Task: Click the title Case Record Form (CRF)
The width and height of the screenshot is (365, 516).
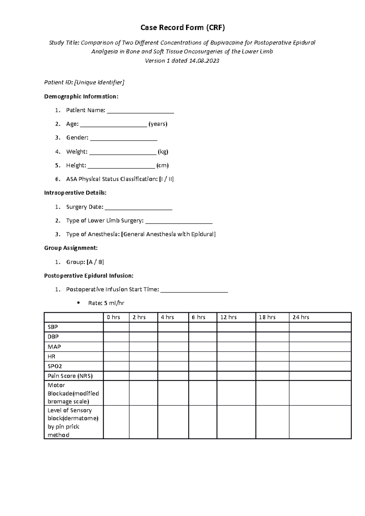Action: pyautogui.click(x=182, y=28)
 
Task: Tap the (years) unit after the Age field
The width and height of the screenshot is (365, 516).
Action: pyautogui.click(x=158, y=124)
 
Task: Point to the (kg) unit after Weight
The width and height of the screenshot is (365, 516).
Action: pyautogui.click(x=163, y=152)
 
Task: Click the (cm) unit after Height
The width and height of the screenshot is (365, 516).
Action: pyautogui.click(x=162, y=165)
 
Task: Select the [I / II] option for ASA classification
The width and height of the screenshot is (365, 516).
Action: pyautogui.click(x=166, y=179)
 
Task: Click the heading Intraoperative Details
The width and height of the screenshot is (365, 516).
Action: pyautogui.click(x=75, y=193)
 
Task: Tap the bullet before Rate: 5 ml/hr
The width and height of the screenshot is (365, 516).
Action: pyautogui.click(x=78, y=303)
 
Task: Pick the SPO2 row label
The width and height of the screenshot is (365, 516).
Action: pyautogui.click(x=55, y=366)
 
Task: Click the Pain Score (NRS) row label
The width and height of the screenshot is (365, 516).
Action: pyautogui.click(x=70, y=376)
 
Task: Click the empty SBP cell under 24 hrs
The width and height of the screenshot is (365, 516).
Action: pyautogui.click(x=320, y=327)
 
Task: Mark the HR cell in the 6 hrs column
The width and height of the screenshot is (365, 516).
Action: pyautogui.click(x=203, y=356)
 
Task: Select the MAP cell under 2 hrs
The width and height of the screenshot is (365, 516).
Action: pyautogui.click(x=143, y=347)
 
